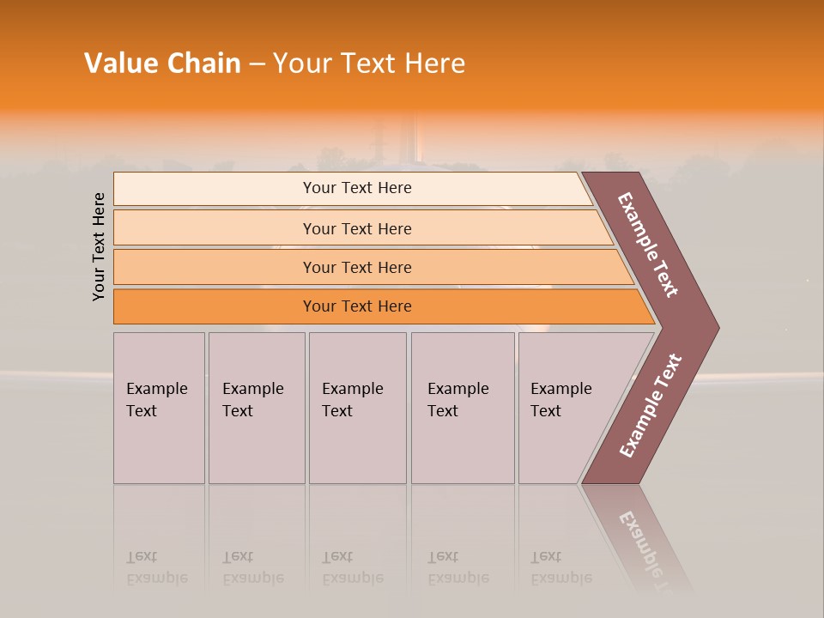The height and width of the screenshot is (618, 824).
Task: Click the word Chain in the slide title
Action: [204, 64]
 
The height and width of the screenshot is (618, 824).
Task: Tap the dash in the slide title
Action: [257, 64]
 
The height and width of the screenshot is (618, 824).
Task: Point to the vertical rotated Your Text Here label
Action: [99, 247]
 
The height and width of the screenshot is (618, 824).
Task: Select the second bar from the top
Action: [356, 228]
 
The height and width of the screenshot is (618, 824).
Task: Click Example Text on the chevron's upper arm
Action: [648, 245]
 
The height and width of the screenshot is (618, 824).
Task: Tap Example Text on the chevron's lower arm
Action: [650, 406]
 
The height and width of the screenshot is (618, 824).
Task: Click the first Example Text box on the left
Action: [159, 408]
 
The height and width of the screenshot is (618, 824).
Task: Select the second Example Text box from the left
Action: [256, 408]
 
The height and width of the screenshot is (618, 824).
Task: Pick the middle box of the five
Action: [357, 408]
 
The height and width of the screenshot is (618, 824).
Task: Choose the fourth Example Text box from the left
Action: [463, 408]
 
